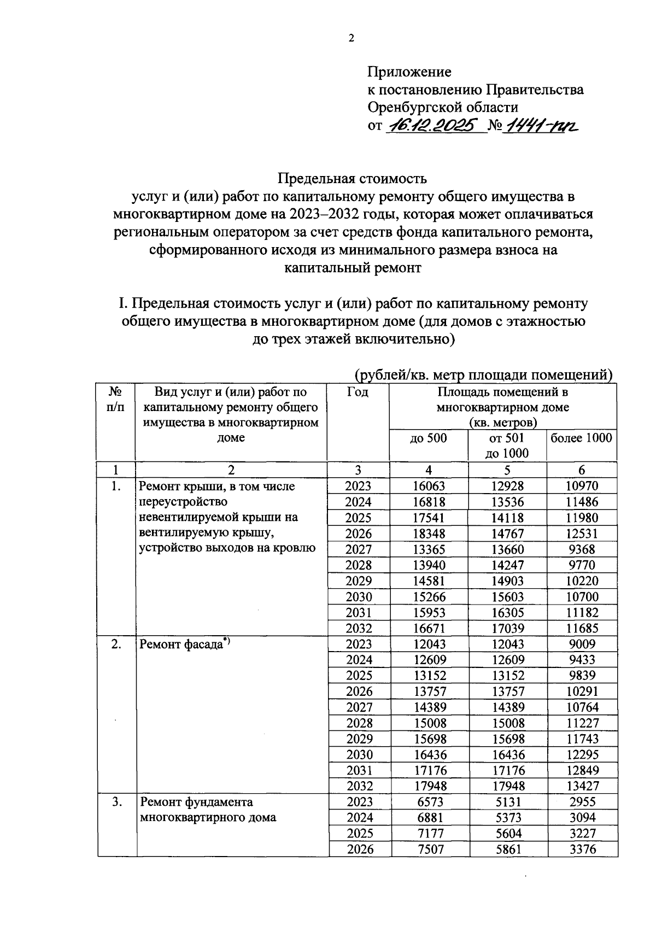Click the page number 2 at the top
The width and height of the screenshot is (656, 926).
tap(351, 38)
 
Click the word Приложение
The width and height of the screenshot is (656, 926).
tap(409, 72)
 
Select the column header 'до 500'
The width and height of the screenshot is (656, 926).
tap(428, 438)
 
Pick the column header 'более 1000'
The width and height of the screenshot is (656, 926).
tap(582, 438)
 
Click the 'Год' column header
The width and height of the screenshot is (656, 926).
tap(358, 392)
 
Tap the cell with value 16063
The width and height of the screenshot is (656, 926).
tap(429, 486)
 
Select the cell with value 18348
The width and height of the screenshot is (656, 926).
tap(429, 534)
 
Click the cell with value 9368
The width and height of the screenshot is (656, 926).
tap(582, 549)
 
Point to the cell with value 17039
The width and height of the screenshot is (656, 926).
tap(508, 628)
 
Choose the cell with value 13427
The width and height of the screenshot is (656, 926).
tap(582, 786)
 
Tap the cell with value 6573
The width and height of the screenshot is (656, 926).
tap(429, 802)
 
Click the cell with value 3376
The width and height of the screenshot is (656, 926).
tap(582, 849)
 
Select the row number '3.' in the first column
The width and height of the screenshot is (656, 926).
tap(116, 802)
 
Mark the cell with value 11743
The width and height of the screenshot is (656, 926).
tap(582, 739)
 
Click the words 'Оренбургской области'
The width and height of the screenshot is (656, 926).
tap(443, 107)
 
